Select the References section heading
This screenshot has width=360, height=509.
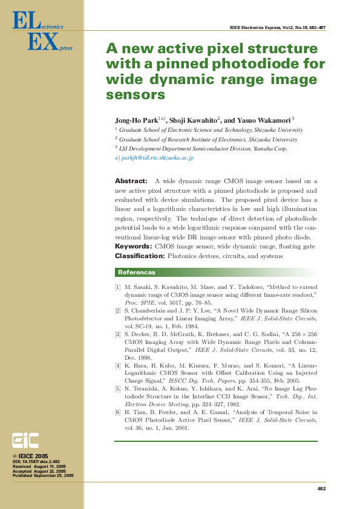136,272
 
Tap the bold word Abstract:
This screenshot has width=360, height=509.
131,181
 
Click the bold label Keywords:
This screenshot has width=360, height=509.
134,247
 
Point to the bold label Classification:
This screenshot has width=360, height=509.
140,256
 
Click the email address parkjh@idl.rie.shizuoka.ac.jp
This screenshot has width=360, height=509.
157,158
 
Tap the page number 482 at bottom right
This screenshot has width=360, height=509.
321,488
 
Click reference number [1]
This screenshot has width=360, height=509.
118,286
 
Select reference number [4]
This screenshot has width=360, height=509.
118,366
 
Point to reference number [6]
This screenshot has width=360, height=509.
118,412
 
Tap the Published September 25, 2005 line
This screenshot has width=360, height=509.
43,476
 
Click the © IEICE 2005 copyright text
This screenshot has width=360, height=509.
31,456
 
